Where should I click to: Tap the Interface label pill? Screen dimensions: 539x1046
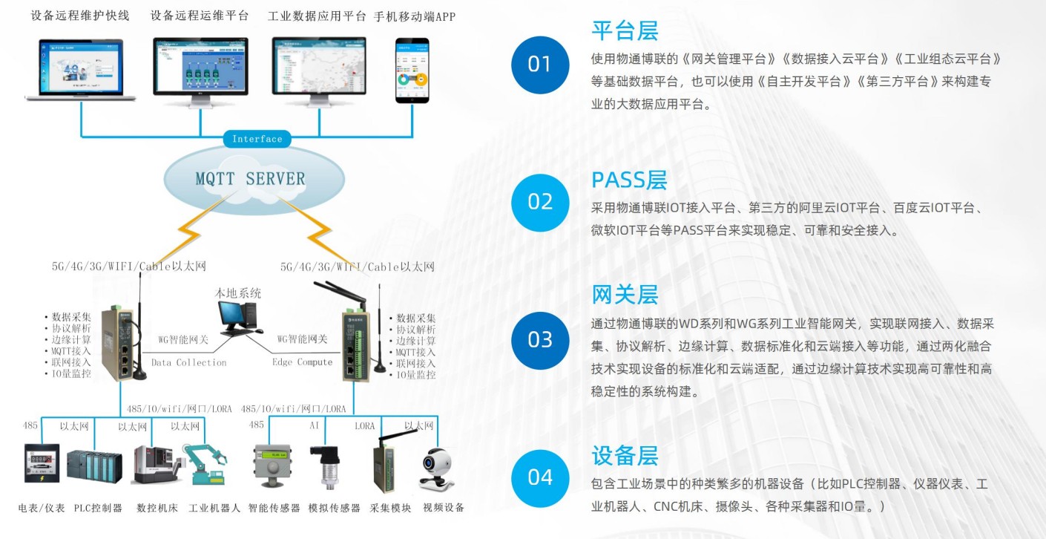pyautogui.click(x=257, y=139)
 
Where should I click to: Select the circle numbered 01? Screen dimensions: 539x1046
pyautogui.click(x=539, y=65)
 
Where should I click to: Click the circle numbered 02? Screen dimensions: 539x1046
pyautogui.click(x=539, y=202)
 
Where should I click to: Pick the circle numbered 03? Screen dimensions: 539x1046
pyautogui.click(x=539, y=339)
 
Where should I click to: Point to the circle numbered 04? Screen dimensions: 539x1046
pyautogui.click(x=539, y=477)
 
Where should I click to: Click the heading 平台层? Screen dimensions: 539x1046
pyautogui.click(x=625, y=31)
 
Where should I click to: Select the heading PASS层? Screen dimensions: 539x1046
pyautogui.click(x=629, y=180)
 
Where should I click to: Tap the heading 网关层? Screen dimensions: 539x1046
pyautogui.click(x=625, y=295)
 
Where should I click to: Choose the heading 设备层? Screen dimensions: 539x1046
pyautogui.click(x=625, y=454)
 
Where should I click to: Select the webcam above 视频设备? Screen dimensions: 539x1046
pyautogui.click(x=435, y=468)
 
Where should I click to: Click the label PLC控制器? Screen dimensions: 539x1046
pyautogui.click(x=98, y=509)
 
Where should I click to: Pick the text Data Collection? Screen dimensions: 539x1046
pyautogui.click(x=188, y=362)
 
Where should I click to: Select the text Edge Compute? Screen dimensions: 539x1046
pyautogui.click(x=302, y=362)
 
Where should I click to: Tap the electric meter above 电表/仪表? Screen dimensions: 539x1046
pyautogui.click(x=42, y=465)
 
